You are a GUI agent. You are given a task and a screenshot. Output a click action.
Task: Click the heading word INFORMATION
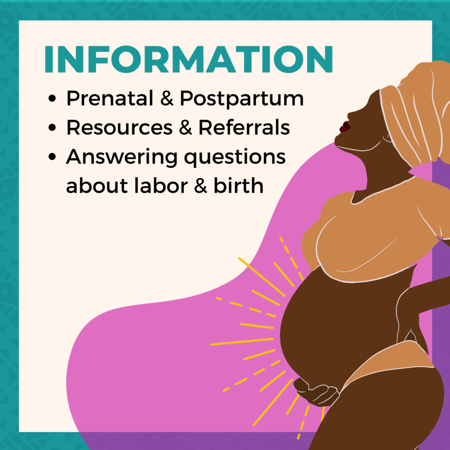[x=189, y=59]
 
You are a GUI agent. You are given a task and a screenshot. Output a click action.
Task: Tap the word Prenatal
[x=110, y=98]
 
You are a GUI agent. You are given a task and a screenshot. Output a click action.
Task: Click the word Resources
[x=120, y=127]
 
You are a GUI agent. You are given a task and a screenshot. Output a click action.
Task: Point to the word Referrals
[x=244, y=127]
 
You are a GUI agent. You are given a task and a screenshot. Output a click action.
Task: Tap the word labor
[x=161, y=185]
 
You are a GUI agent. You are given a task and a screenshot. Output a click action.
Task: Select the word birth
[x=239, y=185]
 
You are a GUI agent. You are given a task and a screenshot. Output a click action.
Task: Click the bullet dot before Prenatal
[x=52, y=98]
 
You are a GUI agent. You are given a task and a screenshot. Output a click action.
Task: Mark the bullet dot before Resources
[x=52, y=127]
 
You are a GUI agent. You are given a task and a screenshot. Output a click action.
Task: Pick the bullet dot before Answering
[x=52, y=157]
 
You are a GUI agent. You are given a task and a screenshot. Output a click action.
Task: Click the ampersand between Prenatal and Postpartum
[x=167, y=98]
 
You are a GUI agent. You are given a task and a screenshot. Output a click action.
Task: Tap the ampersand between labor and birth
[x=200, y=185]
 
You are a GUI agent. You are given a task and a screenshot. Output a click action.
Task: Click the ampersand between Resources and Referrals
[x=185, y=127]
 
